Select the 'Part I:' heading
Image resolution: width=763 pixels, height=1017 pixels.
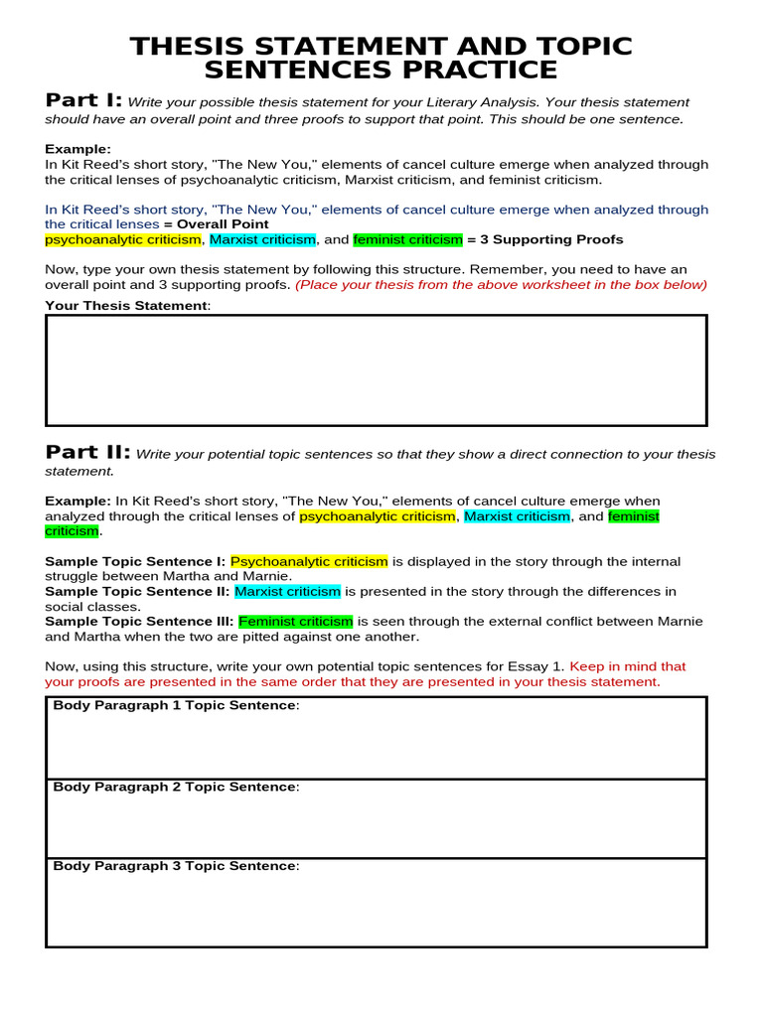[83, 100]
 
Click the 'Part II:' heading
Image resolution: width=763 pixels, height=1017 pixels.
[87, 453]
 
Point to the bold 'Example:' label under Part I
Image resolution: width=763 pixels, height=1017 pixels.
[77, 149]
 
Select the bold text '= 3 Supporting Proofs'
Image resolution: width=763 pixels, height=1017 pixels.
[545, 239]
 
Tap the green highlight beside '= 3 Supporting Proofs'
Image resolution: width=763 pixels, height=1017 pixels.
[407, 239]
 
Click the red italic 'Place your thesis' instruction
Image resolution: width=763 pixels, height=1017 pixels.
[501, 285]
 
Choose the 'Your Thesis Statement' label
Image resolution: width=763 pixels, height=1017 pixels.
[127, 305]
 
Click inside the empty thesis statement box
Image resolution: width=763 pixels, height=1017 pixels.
[376, 370]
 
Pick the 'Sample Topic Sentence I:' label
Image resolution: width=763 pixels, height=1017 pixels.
[135, 561]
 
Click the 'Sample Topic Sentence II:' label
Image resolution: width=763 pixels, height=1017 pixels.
[137, 591]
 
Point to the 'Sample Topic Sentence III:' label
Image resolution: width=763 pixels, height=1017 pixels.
[139, 621]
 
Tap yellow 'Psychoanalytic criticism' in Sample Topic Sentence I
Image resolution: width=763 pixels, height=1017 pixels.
[309, 561]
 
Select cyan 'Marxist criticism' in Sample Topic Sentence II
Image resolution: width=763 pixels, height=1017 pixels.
[287, 591]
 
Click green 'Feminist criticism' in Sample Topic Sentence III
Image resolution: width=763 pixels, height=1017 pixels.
[296, 621]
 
